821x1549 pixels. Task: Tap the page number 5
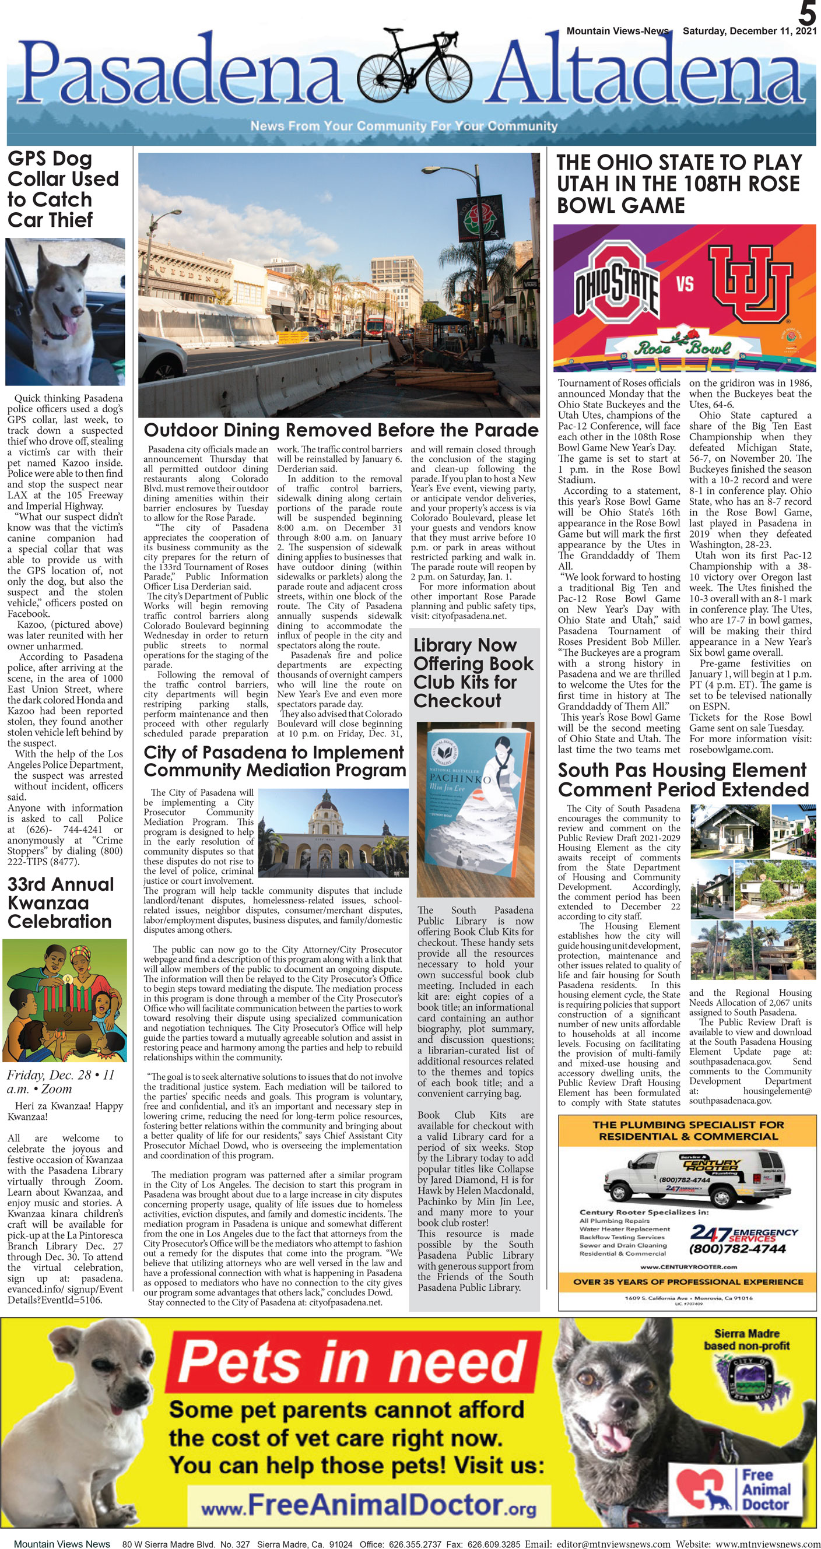coord(807,13)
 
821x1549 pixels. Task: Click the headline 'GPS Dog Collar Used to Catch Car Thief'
coord(62,189)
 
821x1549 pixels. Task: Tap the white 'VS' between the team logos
coord(685,283)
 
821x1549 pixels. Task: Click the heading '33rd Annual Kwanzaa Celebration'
coord(60,902)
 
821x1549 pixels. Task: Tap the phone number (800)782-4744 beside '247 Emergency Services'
coord(737,1249)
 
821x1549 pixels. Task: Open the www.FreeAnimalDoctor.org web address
coord(368,1506)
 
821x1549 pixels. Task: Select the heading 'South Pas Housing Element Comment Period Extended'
coord(683,779)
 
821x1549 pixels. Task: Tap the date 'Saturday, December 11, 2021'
coord(749,31)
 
